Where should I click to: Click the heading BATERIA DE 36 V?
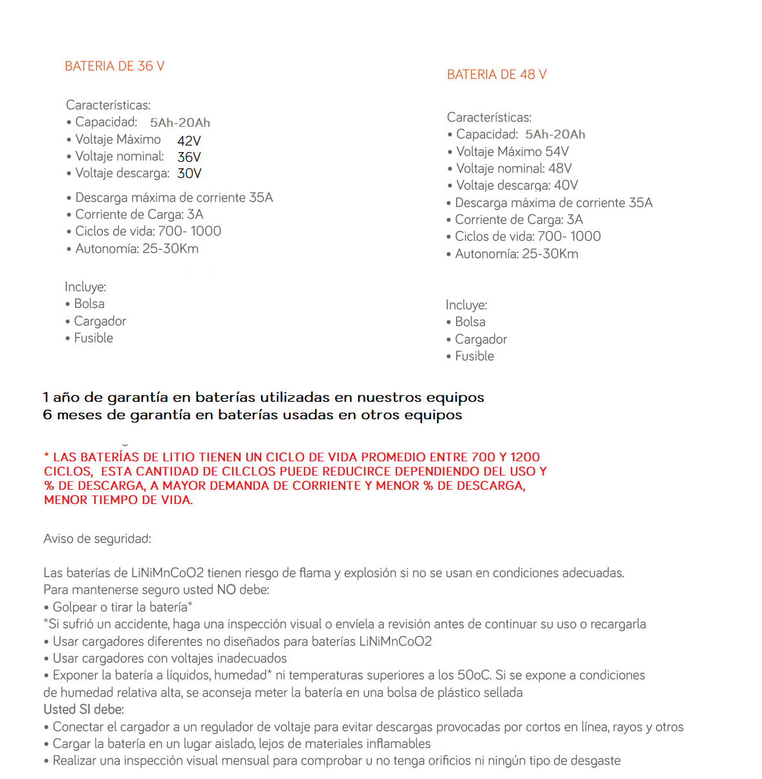click(114, 67)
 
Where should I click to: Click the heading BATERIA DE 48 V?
click(497, 75)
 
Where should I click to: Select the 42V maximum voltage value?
click(189, 141)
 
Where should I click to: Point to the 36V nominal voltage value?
click(189, 157)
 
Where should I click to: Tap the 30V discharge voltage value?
click(189, 173)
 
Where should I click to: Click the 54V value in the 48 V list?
click(557, 152)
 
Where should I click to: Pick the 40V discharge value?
click(566, 186)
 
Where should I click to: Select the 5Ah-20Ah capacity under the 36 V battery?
click(180, 123)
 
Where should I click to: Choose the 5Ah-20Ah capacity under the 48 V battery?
click(555, 135)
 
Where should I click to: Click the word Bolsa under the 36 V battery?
click(89, 304)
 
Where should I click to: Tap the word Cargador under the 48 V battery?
click(481, 340)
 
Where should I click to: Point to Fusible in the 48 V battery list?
click(474, 357)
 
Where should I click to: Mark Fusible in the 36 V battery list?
click(93, 338)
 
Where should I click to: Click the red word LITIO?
click(176, 457)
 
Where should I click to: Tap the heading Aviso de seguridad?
click(97, 539)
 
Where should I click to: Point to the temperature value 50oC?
click(474, 675)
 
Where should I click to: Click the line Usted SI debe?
click(83, 710)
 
